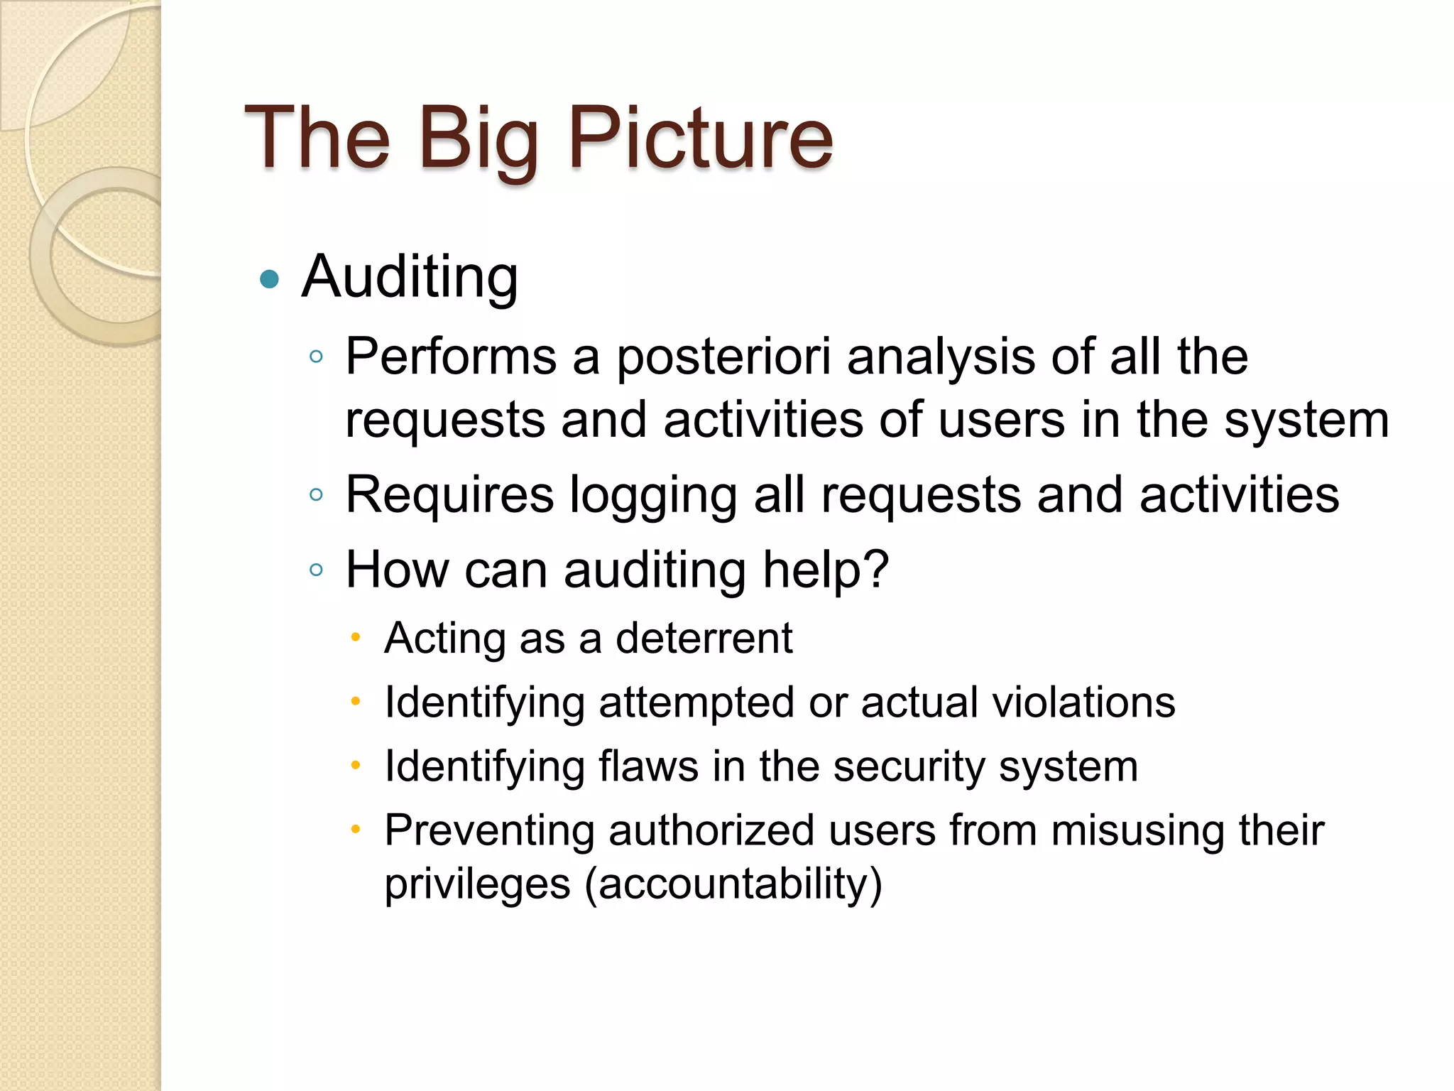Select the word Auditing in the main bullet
pyautogui.click(x=410, y=277)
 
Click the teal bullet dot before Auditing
pyautogui.click(x=270, y=278)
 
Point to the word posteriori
pyautogui.click(x=723, y=357)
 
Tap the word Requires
pyautogui.click(x=449, y=495)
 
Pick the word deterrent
pyautogui.click(x=704, y=638)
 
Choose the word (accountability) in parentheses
pyautogui.click(x=733, y=884)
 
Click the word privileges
pyautogui.click(x=477, y=885)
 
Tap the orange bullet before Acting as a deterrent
pyautogui.click(x=356, y=637)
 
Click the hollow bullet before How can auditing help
pyautogui.click(x=317, y=570)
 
